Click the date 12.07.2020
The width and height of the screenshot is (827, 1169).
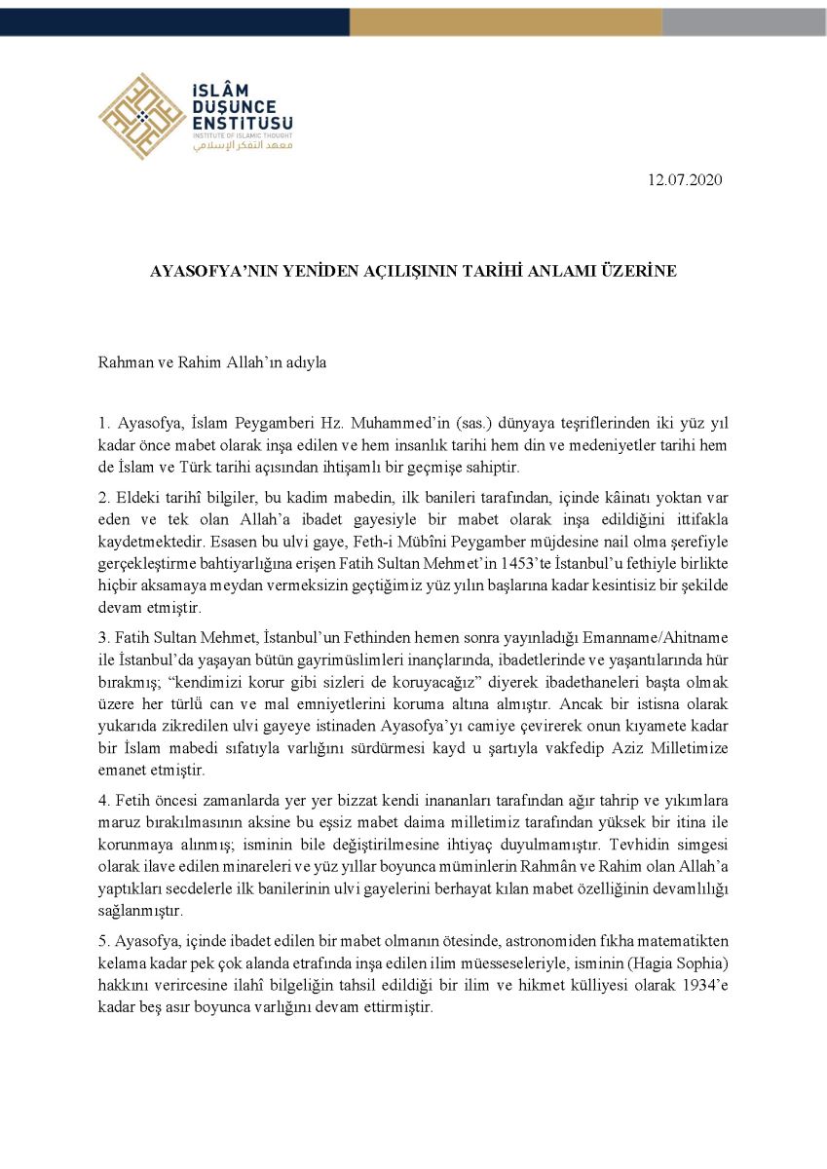685,180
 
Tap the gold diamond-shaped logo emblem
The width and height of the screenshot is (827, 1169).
142,116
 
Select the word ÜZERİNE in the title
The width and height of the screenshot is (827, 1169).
639,271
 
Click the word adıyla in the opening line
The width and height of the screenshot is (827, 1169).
305,362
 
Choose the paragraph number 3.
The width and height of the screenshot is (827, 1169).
102,638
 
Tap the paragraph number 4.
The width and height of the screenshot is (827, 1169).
102,801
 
